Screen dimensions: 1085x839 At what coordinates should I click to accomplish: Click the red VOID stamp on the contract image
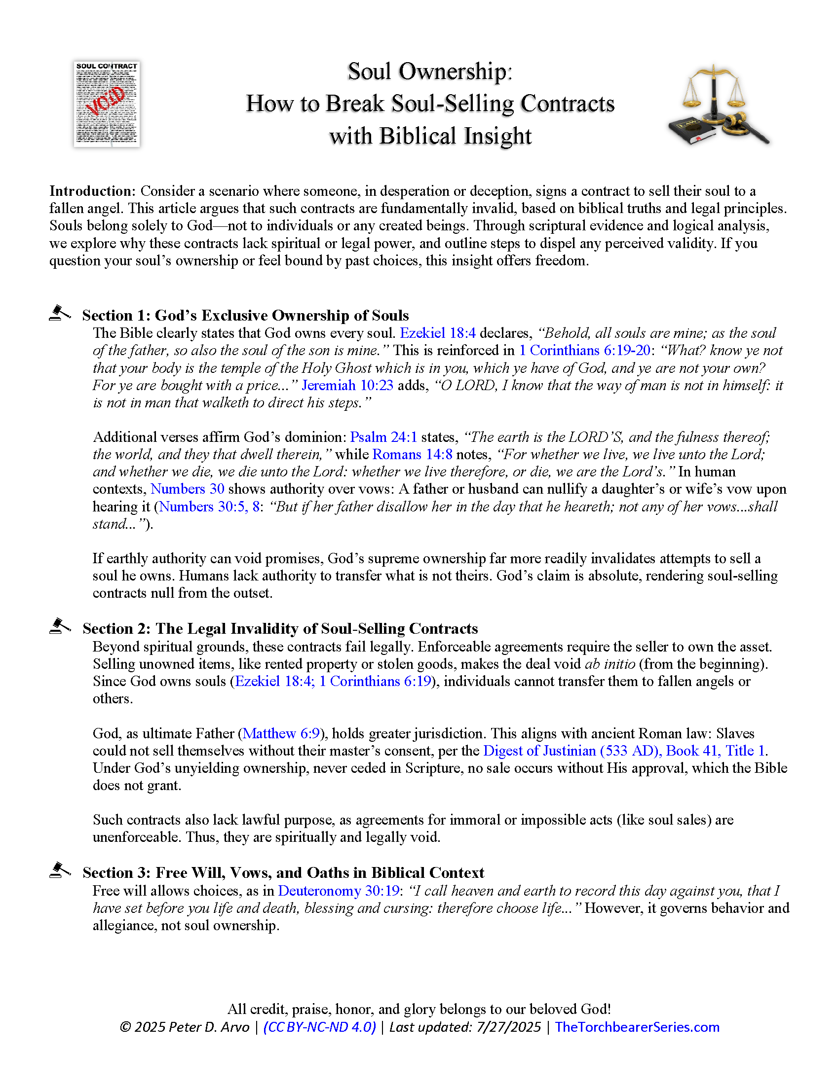[106, 100]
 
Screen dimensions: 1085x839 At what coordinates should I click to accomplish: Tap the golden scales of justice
[714, 89]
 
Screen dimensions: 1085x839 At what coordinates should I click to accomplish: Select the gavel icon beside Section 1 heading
[60, 313]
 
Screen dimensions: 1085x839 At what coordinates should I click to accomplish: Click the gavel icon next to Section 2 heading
[60, 626]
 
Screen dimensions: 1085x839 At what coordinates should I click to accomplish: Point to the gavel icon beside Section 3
[60, 870]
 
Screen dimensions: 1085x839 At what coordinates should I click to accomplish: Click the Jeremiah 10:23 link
[347, 385]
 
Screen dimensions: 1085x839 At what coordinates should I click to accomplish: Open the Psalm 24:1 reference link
[383, 436]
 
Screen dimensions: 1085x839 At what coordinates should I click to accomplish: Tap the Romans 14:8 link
[412, 454]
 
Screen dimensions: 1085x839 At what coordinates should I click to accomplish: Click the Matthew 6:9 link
[281, 733]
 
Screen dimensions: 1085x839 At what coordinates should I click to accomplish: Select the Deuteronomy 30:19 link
[339, 890]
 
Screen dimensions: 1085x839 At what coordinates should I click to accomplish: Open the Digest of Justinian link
[624, 751]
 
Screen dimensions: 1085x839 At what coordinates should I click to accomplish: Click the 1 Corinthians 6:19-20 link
[584, 350]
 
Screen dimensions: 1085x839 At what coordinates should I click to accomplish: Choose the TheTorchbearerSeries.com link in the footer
[637, 1027]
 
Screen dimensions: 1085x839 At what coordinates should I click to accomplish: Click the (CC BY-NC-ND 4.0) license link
[320, 1027]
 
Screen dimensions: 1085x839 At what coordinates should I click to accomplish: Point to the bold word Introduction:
[92, 191]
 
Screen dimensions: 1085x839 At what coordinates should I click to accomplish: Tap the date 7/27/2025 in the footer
[508, 1027]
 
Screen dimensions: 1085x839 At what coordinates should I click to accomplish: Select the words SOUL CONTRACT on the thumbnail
[107, 66]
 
